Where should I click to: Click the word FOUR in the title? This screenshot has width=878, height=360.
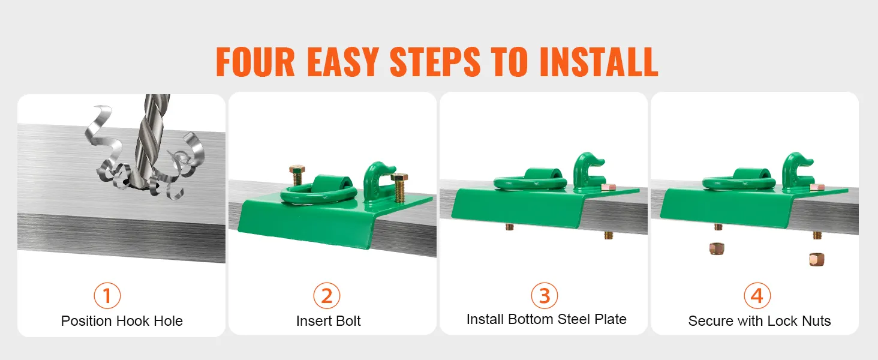click(255, 62)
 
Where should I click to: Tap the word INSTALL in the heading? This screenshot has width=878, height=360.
click(599, 62)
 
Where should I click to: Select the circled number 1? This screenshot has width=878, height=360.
click(107, 296)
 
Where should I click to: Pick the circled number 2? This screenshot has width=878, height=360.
click(326, 296)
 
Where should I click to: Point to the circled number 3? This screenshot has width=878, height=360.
click(544, 296)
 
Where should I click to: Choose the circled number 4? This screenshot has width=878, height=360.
click(757, 296)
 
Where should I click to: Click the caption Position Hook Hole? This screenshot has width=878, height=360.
click(122, 321)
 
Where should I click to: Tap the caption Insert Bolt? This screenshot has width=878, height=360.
click(329, 321)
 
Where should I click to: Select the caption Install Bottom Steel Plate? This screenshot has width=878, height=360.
click(546, 319)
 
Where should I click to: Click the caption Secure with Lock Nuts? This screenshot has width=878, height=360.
click(760, 321)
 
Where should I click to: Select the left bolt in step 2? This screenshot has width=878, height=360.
click(297, 175)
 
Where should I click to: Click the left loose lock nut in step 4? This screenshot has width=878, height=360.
click(717, 248)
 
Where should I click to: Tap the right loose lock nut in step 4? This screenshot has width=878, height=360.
click(816, 260)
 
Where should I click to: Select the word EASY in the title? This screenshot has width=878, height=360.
click(343, 62)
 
